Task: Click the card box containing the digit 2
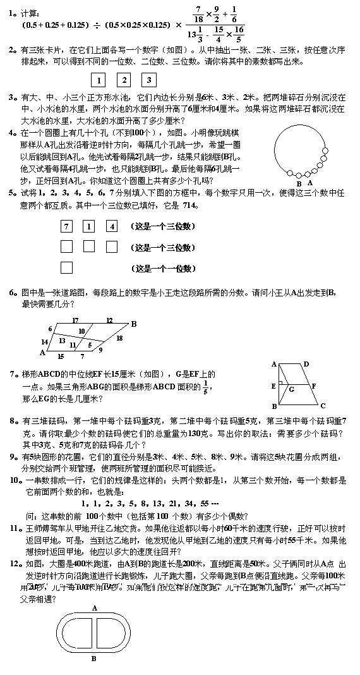pyautogui.click(x=124, y=80)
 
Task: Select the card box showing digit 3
pyautogui.click(x=149, y=80)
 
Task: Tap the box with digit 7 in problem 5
pyautogui.click(x=67, y=226)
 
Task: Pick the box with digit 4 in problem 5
pyautogui.click(x=112, y=226)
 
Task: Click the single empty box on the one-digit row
pyautogui.click(x=67, y=267)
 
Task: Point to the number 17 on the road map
pyautogui.click(x=75, y=320)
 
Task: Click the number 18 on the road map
pyautogui.click(x=119, y=339)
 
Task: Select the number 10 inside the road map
pyautogui.click(x=81, y=331)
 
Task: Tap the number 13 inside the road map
pyautogui.click(x=62, y=341)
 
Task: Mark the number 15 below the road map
pyautogui.click(x=60, y=357)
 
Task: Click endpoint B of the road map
pyautogui.click(x=133, y=324)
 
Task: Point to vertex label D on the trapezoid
pyautogui.click(x=306, y=364)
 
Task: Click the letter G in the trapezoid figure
pyautogui.click(x=291, y=389)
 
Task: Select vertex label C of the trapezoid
pyautogui.click(x=323, y=406)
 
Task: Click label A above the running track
pyautogui.click(x=94, y=608)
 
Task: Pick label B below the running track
pyautogui.click(x=93, y=658)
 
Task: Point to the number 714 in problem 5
pyautogui.click(x=190, y=205)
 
